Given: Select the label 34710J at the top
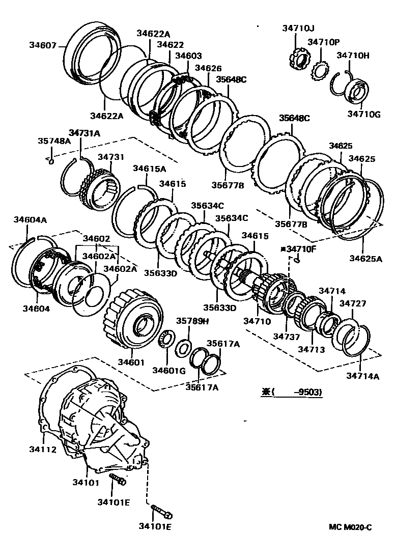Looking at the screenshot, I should point(298,29).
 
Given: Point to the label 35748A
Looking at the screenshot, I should point(54,141).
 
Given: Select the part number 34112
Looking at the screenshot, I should point(42,449).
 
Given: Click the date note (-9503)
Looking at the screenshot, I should point(297,392).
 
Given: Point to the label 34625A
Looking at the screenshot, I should point(365,259).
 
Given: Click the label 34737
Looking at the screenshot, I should point(284,337).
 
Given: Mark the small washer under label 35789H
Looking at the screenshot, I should point(183,349).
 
